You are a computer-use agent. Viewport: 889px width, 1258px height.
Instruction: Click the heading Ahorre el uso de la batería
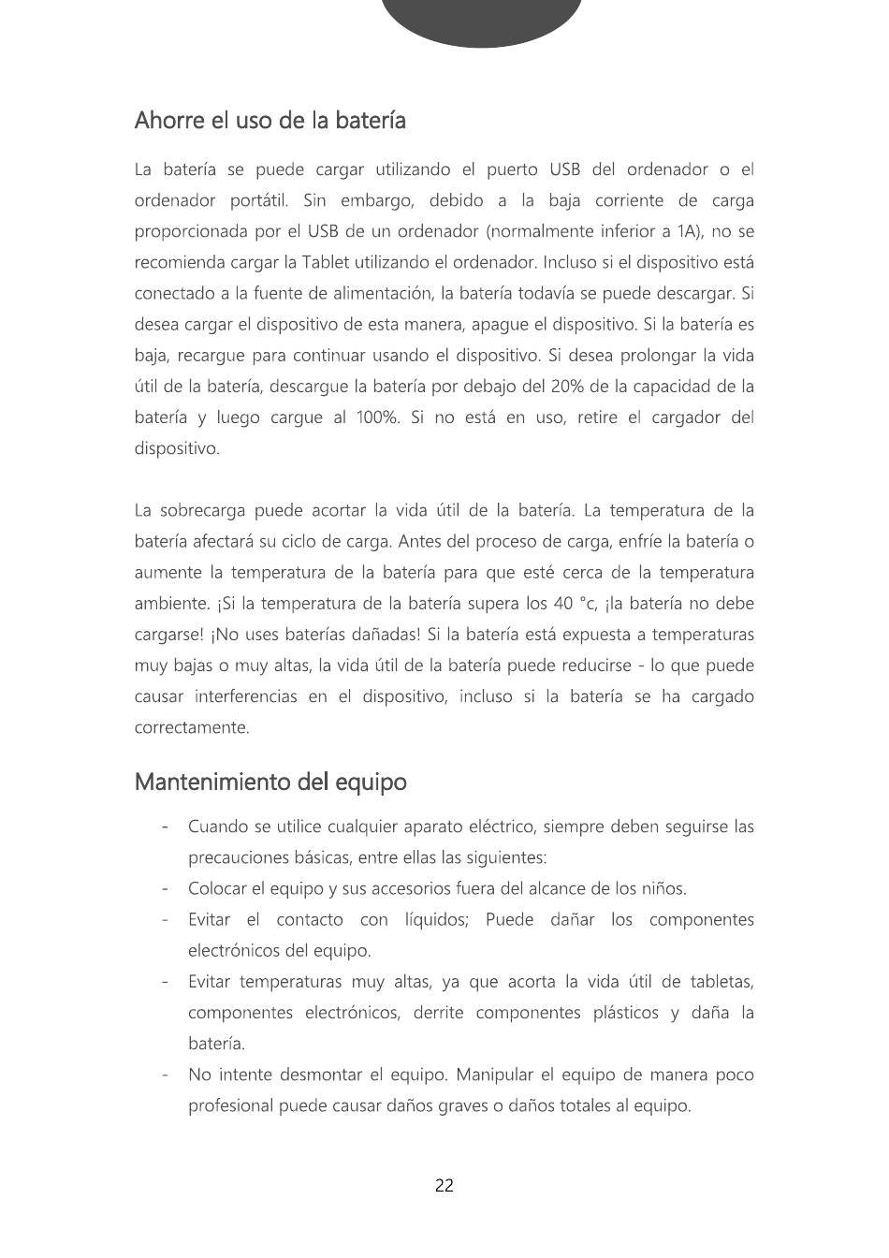[x=270, y=121]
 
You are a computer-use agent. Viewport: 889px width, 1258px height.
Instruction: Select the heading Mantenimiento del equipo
[x=270, y=782]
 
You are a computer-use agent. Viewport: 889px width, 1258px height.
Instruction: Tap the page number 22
[x=444, y=1186]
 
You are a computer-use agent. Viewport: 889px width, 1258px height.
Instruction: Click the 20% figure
[x=568, y=387]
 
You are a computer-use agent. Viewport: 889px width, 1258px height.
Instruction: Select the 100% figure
[x=377, y=417]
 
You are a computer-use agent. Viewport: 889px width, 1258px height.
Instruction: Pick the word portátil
[x=259, y=200]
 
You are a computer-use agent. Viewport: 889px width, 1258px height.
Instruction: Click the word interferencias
[x=246, y=696]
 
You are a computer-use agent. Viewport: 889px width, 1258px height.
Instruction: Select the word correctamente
[x=192, y=727]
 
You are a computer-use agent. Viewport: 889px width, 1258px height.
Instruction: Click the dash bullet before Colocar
[x=165, y=888]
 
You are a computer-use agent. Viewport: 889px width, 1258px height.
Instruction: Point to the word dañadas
[x=377, y=635]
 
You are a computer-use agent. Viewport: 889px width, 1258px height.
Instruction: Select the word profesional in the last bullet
[x=230, y=1105]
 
